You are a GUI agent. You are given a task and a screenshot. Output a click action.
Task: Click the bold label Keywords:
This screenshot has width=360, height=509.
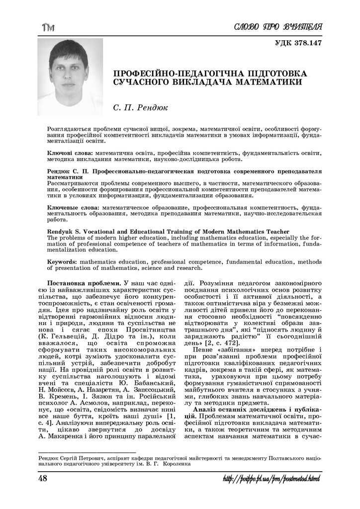pos(62,261)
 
